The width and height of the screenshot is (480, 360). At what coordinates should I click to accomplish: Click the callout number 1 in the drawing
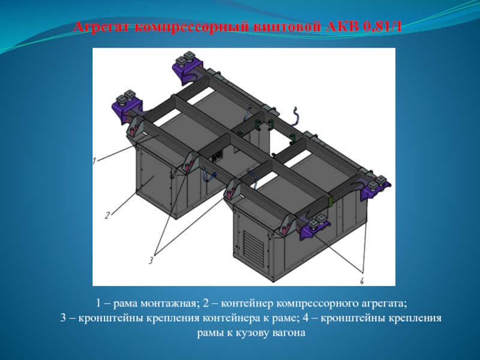pyautogui.click(x=95, y=161)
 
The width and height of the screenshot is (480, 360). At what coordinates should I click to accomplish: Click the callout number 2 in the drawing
pyautogui.click(x=107, y=215)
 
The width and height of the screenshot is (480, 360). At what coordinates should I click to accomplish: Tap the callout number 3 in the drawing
pyautogui.click(x=151, y=260)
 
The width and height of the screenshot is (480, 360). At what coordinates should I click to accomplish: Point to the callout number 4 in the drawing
pyautogui.click(x=362, y=281)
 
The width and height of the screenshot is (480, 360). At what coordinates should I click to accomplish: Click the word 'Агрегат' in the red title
pyautogui.click(x=101, y=27)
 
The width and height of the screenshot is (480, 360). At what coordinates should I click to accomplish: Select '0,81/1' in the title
pyautogui.click(x=383, y=27)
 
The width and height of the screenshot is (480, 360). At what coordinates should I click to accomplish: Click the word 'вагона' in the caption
pyautogui.click(x=289, y=333)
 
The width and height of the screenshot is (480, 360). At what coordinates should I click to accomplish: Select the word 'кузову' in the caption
pyautogui.click(x=252, y=333)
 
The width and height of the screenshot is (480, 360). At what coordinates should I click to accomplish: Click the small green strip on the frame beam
pyautogui.click(x=331, y=202)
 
